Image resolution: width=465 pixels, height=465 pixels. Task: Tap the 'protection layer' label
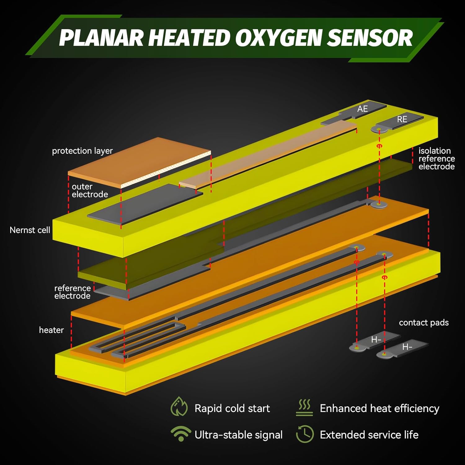[x=82, y=151]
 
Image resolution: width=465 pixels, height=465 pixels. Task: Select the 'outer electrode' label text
[x=90, y=190]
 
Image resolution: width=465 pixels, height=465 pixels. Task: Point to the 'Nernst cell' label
[x=30, y=230]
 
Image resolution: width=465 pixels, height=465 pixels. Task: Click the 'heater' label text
[x=51, y=330]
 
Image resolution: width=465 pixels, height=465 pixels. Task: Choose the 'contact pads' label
[x=423, y=322]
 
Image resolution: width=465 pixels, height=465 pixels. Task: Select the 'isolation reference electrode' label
[x=436, y=159]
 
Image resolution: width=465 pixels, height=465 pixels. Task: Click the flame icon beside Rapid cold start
[x=179, y=407]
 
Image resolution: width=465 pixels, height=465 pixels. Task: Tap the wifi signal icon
[x=181, y=433]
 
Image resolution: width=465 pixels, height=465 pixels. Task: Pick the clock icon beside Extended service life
[x=305, y=434]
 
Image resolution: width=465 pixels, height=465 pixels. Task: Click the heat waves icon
[x=304, y=407]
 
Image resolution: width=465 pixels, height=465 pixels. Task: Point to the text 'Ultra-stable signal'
[x=238, y=435]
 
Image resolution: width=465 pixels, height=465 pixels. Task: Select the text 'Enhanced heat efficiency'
[x=379, y=408]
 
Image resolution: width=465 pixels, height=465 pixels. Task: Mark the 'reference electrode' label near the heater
[x=72, y=292]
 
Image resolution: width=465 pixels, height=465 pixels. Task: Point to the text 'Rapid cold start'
[x=232, y=408]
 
